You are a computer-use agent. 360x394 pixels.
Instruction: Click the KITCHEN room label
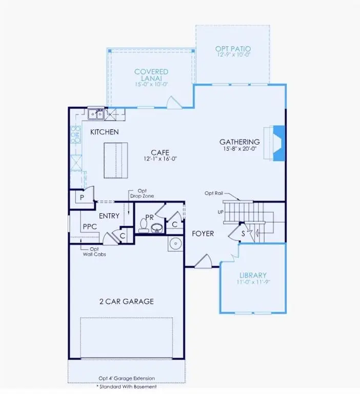[105, 132]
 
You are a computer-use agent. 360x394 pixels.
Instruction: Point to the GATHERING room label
[239, 142]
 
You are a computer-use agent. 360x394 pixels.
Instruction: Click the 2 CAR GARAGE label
[127, 301]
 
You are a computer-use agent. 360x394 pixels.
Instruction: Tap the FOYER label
[203, 234]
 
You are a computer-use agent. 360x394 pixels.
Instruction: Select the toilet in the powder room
[143, 226]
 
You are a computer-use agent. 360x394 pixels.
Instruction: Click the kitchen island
[116, 160]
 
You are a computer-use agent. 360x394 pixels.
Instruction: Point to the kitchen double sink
[96, 114]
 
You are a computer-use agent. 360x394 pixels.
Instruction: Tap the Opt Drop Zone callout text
[142, 193]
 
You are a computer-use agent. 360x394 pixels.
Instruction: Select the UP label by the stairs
[221, 211]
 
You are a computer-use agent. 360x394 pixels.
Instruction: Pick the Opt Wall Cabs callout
[94, 251]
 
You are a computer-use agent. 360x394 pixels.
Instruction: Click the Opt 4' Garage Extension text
[126, 379]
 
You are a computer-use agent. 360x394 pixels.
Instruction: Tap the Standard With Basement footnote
[126, 386]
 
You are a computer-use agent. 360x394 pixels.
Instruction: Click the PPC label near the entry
[90, 225]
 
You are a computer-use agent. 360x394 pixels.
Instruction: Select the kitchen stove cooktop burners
[76, 134]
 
